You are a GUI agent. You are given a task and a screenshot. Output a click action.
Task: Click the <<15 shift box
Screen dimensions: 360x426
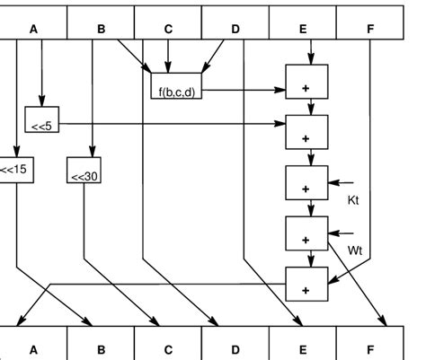coord(14,170)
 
